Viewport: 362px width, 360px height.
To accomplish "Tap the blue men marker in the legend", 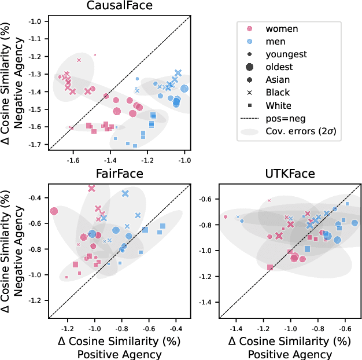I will [250, 42].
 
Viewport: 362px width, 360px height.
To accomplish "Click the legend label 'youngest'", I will [286, 54].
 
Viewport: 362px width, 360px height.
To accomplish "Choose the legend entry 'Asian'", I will [278, 80].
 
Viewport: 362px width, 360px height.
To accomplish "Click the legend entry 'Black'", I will [278, 93].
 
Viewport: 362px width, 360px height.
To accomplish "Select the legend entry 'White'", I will [279, 105].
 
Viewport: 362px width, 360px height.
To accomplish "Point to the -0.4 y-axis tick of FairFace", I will [36, 198].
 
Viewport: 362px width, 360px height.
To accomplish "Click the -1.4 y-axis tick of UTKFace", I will [206, 302].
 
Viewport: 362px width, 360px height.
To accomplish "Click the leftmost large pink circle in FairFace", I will [54, 211].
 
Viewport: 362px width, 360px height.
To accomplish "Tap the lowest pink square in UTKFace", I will [269, 267].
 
